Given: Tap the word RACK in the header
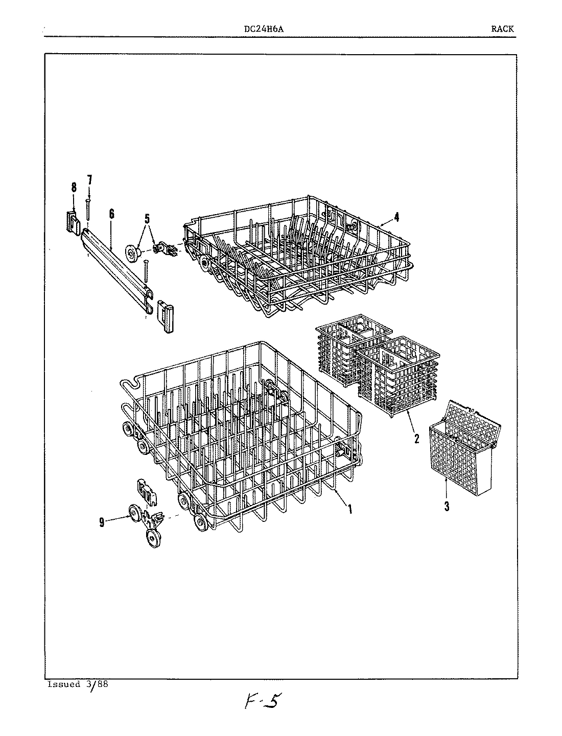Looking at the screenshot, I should click(x=502, y=29).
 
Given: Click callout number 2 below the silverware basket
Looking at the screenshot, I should click(x=416, y=438).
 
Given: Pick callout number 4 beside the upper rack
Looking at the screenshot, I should click(x=396, y=217).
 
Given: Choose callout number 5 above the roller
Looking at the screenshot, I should click(x=147, y=219).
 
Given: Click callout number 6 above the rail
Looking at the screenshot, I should click(x=111, y=214).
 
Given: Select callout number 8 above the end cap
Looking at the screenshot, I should click(x=74, y=187).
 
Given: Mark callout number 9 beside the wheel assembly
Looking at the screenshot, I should click(x=102, y=522).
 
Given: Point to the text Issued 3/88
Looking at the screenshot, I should click(x=78, y=684).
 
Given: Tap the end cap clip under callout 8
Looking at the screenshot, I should click(x=74, y=222).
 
